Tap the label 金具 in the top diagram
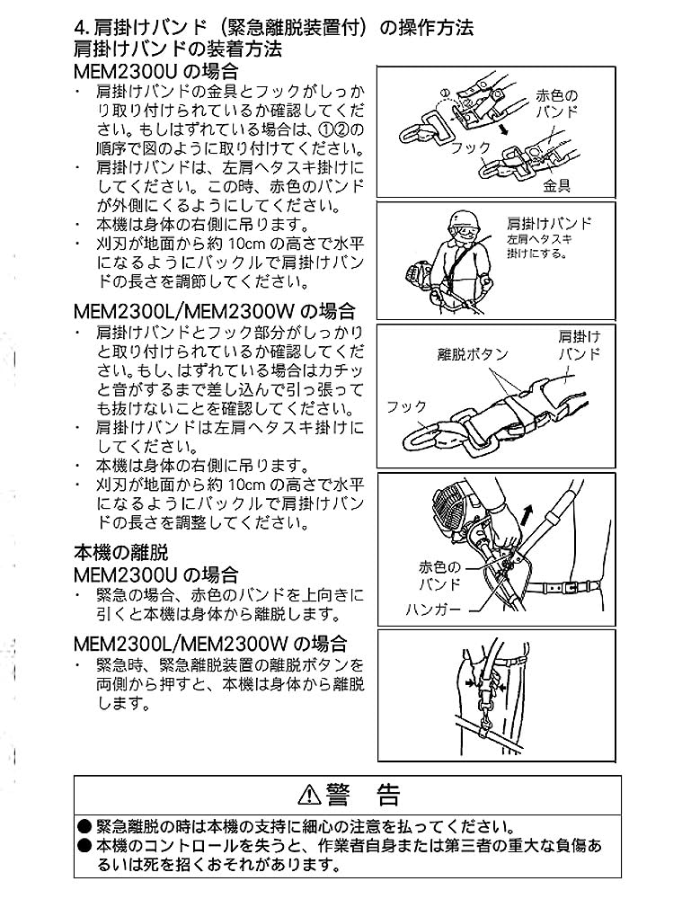[x=556, y=186]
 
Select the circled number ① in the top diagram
[x=445, y=92]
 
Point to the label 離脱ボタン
[x=473, y=354]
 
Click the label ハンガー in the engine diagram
[x=433, y=609]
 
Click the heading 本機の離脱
[x=121, y=553]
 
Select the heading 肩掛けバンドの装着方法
[x=178, y=49]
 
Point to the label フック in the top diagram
[x=471, y=148]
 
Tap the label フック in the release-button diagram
[x=406, y=406]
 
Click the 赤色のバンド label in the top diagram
[x=556, y=103]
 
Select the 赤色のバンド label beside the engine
[x=439, y=575]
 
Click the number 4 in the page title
[x=80, y=28]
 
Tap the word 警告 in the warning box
[x=363, y=795]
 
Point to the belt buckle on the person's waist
[x=569, y=588]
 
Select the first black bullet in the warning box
[x=84, y=827]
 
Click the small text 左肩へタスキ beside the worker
[x=539, y=240]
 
